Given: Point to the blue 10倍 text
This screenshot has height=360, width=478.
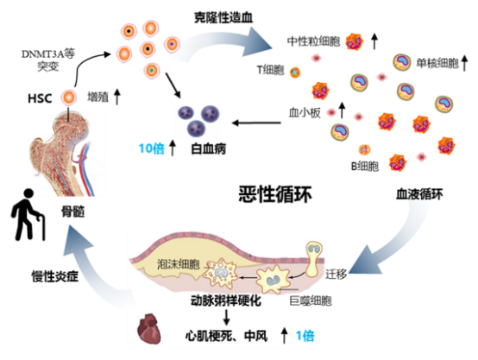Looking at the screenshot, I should pos(154,148).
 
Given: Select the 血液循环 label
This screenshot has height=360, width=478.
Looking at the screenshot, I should pos(418,195).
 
